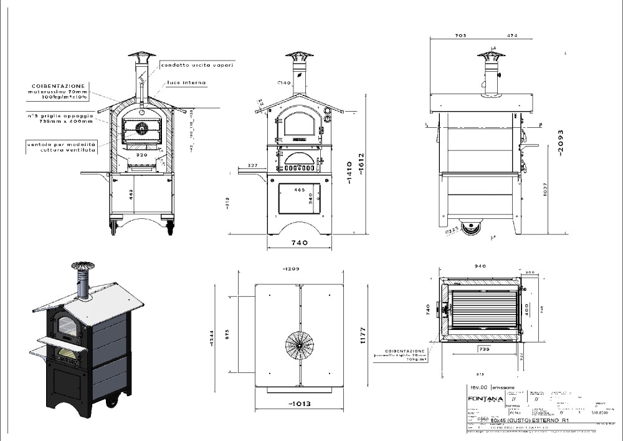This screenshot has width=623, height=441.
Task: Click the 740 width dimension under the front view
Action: click(x=299, y=243)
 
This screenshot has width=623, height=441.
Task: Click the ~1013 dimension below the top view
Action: click(x=300, y=404)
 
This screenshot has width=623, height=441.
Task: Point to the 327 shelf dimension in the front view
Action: click(x=252, y=165)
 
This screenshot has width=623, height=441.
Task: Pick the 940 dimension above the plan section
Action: click(x=480, y=266)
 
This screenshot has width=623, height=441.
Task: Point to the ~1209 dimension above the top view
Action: click(x=292, y=269)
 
